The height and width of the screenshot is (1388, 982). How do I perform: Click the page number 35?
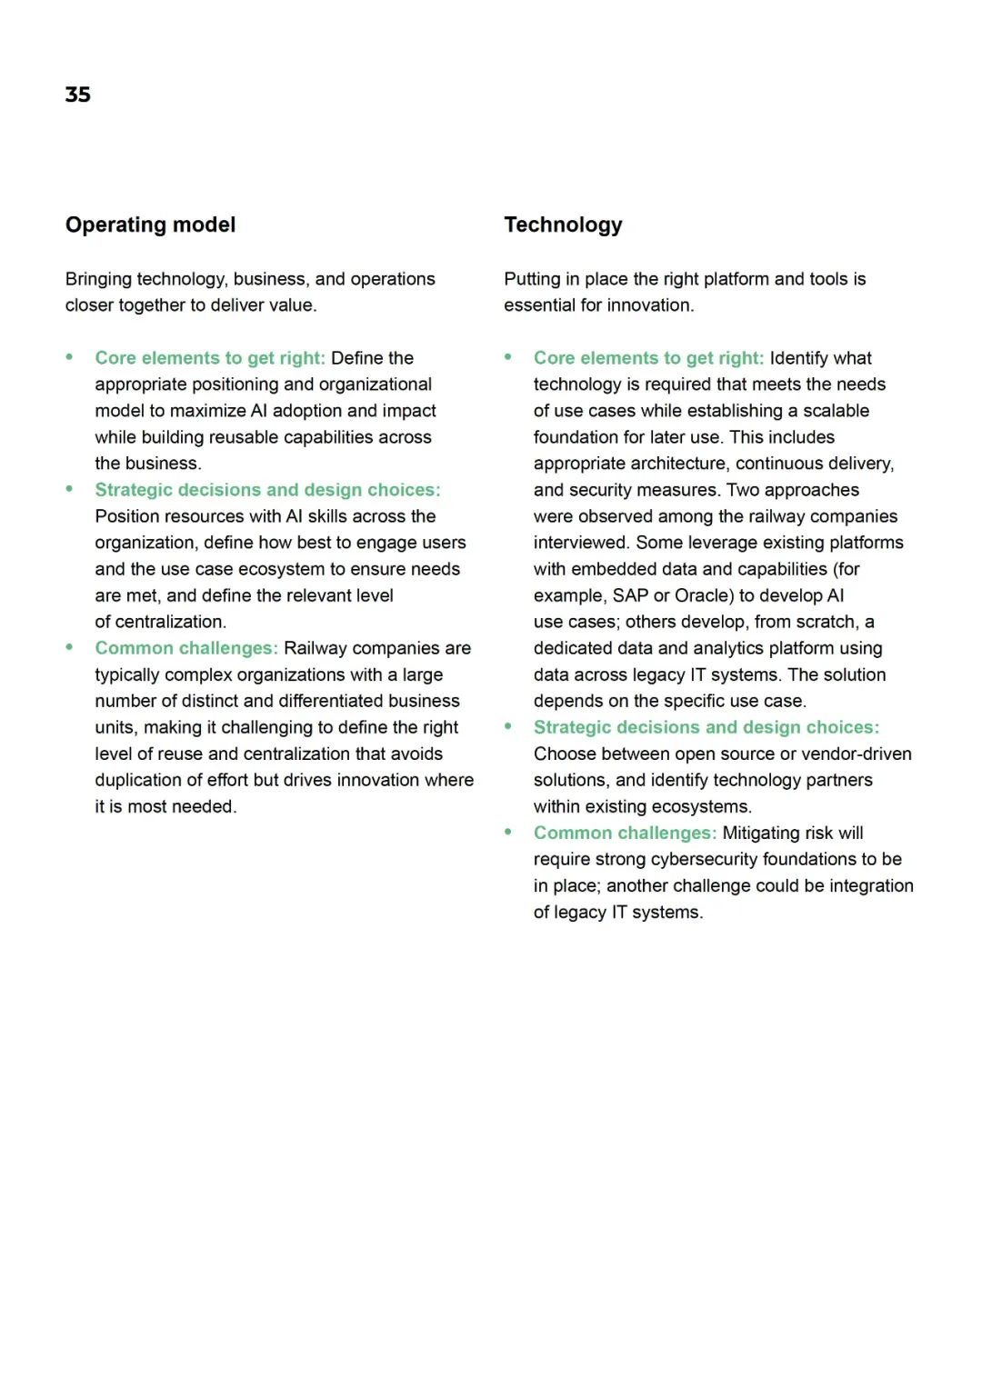(x=78, y=95)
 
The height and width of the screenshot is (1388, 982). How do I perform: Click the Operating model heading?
(x=150, y=225)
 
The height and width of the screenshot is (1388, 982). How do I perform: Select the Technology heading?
(x=563, y=225)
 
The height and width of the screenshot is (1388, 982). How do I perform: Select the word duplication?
(x=138, y=780)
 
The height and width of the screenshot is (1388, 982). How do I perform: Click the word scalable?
(x=836, y=411)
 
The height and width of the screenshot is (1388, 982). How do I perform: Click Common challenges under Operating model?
(x=186, y=648)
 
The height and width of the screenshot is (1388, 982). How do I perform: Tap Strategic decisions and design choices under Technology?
(x=706, y=727)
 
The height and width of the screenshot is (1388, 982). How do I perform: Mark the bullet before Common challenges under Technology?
(x=508, y=832)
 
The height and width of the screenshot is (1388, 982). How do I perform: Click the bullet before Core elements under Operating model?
(x=69, y=357)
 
